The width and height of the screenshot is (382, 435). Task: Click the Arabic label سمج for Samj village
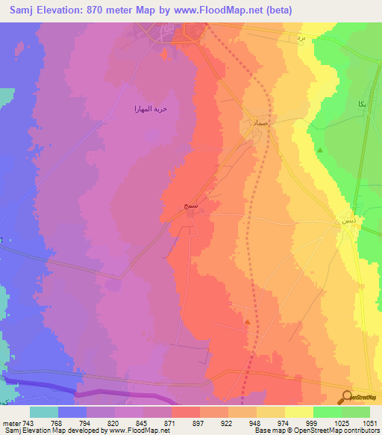click(x=176, y=203)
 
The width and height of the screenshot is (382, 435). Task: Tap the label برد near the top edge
click(x=301, y=35)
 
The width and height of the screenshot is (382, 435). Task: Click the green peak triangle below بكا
click(x=320, y=150)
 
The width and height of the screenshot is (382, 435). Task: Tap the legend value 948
click(x=253, y=424)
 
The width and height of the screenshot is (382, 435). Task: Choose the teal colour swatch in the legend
click(x=44, y=412)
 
